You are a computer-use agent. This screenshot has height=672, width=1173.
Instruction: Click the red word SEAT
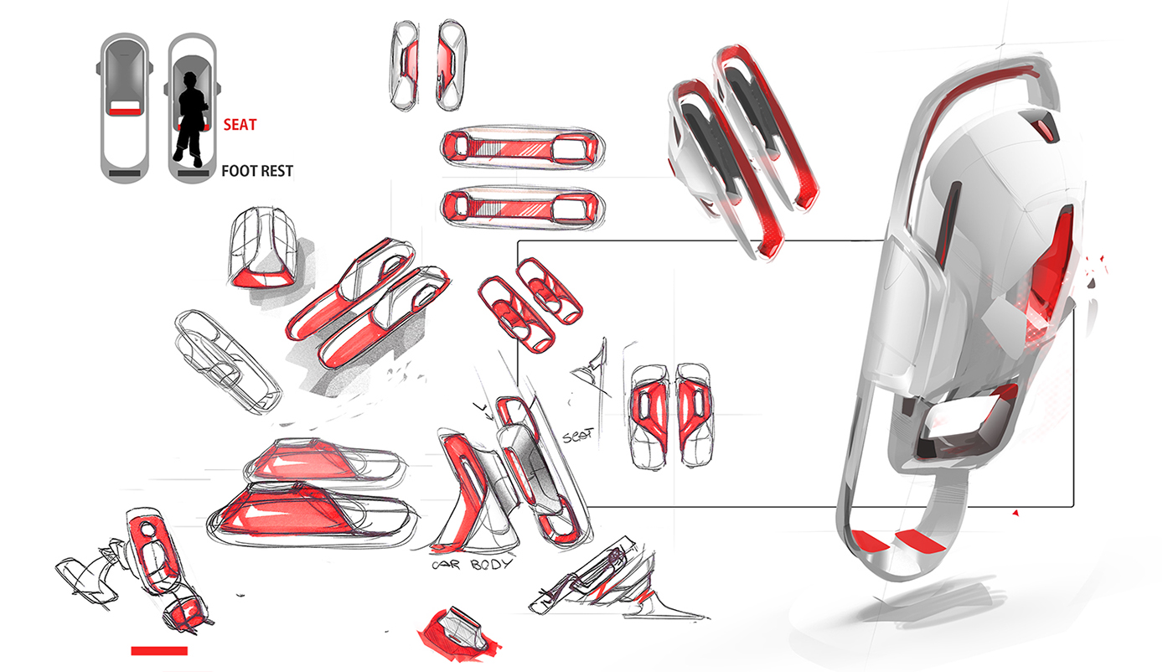coord(240,126)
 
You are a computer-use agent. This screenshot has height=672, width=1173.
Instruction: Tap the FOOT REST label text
coord(257,172)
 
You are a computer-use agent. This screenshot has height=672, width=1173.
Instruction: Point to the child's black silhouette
coord(191,121)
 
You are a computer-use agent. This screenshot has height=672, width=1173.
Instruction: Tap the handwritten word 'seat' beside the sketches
coord(578,436)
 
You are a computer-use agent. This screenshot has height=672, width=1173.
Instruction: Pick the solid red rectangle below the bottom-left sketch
coord(159,650)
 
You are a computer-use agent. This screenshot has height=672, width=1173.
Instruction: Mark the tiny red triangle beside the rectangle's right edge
coord(1015,511)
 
